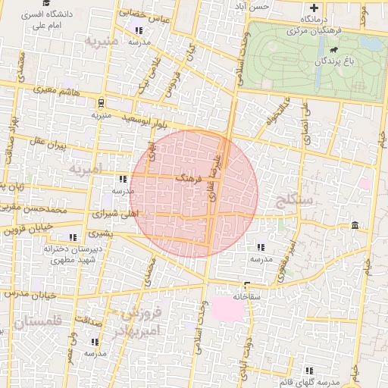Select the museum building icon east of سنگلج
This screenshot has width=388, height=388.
pyautogui.click(x=355, y=225)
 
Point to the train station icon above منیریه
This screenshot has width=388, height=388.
pyautogui.click(x=101, y=103)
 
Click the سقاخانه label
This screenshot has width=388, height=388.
pyautogui.click(x=246, y=296)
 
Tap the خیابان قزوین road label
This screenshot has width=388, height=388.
pyautogui.click(x=29, y=226)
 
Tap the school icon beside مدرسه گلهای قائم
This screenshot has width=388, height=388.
pyautogui.click(x=309, y=371)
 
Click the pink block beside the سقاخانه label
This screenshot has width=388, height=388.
pyautogui.click(x=224, y=308)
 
